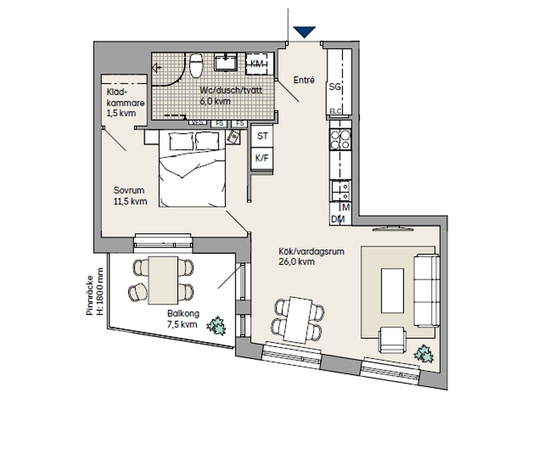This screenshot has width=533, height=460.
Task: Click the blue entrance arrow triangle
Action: click(x=304, y=32)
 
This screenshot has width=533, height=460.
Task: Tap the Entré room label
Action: click(x=304, y=80)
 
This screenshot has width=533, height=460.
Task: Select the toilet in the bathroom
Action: click(x=196, y=65)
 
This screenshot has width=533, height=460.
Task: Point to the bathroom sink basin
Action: click(x=226, y=62)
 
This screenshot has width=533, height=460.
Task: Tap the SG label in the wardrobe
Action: click(x=335, y=87)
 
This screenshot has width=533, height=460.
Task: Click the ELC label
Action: click(x=335, y=111)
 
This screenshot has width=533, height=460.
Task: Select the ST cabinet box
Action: click(x=262, y=136)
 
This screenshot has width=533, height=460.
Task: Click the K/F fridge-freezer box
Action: click(x=262, y=158)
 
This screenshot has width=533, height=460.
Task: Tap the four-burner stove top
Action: click(x=340, y=140)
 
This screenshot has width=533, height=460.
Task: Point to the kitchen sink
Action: click(x=340, y=191)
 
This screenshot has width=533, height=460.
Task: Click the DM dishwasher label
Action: click(x=338, y=219)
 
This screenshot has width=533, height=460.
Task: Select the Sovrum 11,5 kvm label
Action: click(x=130, y=196)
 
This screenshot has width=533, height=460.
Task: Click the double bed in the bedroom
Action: click(x=193, y=168)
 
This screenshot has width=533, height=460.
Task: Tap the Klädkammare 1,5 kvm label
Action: click(x=125, y=103)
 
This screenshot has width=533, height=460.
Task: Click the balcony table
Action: click(x=163, y=280)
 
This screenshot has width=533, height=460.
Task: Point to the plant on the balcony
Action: click(x=217, y=326)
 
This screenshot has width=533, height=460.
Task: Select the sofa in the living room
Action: click(x=426, y=290)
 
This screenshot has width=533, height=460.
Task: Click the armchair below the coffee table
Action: click(x=392, y=340)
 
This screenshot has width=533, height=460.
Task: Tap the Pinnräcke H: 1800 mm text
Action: click(x=95, y=292)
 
